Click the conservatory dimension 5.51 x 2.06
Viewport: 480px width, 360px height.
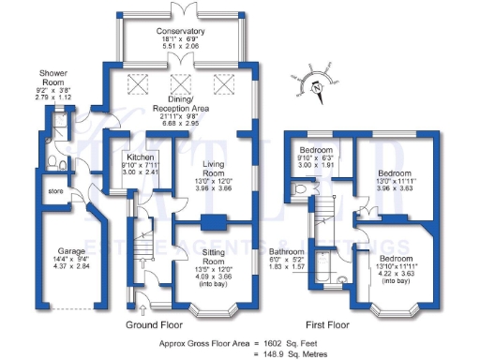(x=182, y=45)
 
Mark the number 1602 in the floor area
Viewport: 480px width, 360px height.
(x=272, y=343)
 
